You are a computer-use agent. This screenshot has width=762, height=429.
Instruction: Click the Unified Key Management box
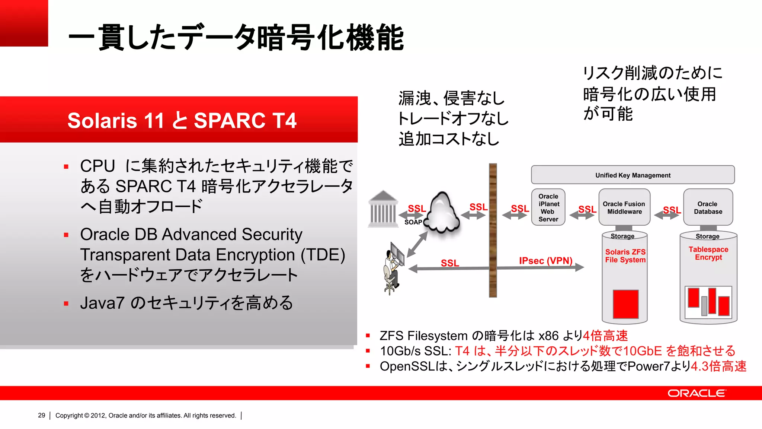click(633, 175)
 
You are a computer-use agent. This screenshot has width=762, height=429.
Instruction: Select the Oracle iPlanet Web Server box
click(548, 207)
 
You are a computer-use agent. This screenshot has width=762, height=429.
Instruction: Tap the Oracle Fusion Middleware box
click(624, 207)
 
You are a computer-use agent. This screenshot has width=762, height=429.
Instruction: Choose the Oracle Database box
click(708, 207)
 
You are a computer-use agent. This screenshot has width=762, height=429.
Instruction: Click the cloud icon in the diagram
click(442, 212)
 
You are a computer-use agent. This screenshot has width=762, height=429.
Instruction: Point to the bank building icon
click(382, 209)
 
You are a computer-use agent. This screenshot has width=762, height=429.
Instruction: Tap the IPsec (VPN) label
click(545, 261)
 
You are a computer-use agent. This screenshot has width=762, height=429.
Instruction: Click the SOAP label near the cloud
click(413, 222)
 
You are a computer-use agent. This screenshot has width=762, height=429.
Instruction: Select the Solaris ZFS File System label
click(625, 256)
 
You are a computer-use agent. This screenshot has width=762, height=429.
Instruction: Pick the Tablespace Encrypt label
click(708, 253)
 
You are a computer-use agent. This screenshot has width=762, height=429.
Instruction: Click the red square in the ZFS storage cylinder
click(625, 304)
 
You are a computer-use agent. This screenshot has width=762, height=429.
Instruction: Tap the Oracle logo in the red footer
click(696, 393)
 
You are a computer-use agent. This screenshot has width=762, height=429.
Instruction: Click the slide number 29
click(41, 415)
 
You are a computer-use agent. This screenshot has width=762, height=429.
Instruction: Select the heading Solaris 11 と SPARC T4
click(182, 120)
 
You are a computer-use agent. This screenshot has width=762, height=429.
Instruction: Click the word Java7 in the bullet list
click(102, 303)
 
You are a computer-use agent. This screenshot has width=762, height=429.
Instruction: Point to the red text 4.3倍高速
click(718, 366)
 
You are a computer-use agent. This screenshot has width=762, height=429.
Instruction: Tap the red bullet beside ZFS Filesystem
click(368, 336)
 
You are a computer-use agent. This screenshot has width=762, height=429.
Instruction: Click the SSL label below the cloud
click(450, 263)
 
